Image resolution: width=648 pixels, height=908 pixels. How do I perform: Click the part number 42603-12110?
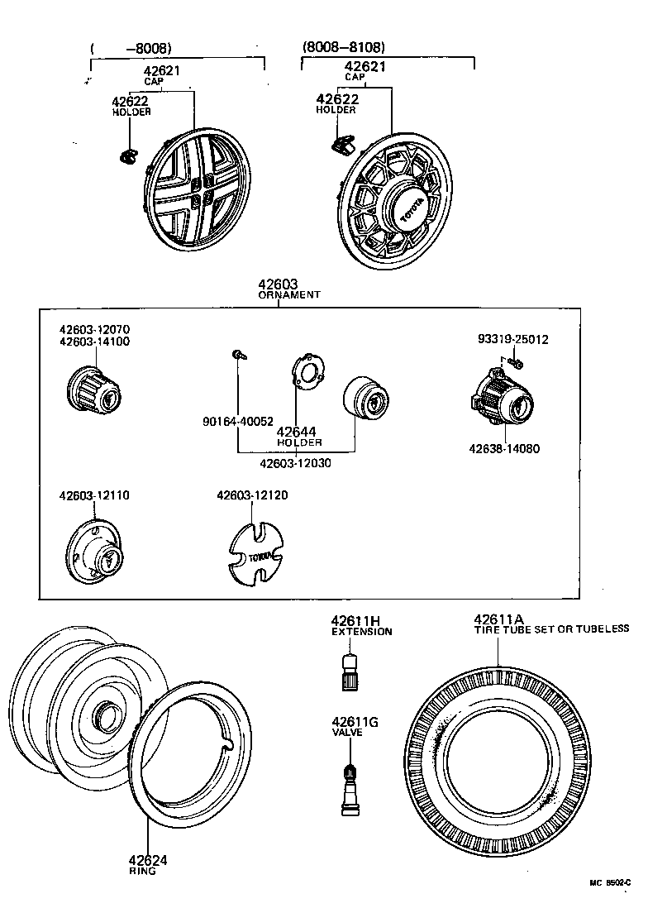[93, 495]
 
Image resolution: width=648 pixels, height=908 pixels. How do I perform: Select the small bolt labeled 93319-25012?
[517, 362]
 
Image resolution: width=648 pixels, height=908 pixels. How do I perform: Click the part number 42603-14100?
[93, 342]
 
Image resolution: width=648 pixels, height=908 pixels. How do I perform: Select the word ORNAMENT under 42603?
[289, 294]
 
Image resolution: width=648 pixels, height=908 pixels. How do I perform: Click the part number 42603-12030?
[295, 463]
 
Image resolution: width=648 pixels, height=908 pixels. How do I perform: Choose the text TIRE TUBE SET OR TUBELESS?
[551, 629]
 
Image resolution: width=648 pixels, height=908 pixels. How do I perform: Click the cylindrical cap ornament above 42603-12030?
[364, 399]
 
